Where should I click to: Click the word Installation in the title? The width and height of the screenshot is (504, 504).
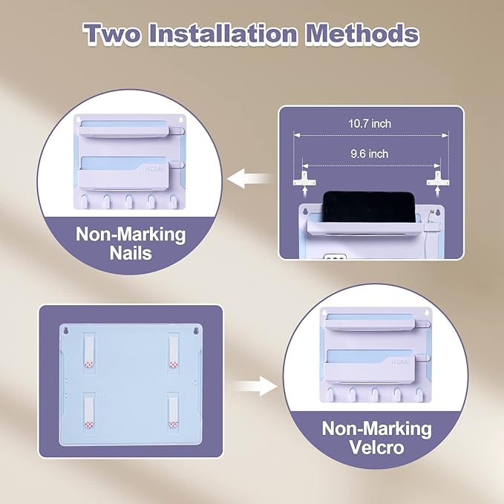[x=223, y=33]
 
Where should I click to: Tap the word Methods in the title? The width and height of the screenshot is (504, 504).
[x=362, y=33]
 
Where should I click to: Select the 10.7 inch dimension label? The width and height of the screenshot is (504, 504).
[x=370, y=124]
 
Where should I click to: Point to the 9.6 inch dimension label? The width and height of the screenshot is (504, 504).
[x=370, y=154]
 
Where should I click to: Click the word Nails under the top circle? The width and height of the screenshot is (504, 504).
[x=131, y=253]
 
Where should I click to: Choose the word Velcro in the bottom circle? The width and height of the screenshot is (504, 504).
[x=376, y=447]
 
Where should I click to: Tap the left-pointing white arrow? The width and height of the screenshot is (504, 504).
[x=249, y=178]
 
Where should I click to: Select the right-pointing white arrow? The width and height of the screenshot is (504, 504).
[x=255, y=386]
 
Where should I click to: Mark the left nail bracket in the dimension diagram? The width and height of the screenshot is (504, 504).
[x=304, y=179]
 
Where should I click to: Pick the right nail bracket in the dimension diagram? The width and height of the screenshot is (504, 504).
[x=438, y=179]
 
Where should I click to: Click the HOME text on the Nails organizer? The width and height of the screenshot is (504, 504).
[x=154, y=169]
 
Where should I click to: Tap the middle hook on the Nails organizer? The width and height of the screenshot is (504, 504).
[x=129, y=201]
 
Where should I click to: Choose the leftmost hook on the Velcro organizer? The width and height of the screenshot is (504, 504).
[x=330, y=394]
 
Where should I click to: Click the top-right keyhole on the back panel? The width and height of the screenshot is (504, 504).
[x=195, y=331]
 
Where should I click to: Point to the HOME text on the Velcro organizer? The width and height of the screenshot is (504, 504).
[x=401, y=362]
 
